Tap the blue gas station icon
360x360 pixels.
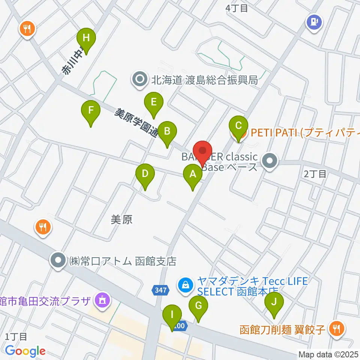click(x=313, y=21)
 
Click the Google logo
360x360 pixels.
click(x=25, y=351)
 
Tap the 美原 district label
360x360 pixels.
click(x=122, y=219)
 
